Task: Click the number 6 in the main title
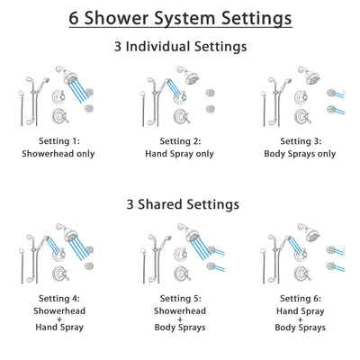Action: tap(74, 18)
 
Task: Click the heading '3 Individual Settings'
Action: tap(180, 46)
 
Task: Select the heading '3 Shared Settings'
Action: tap(180, 204)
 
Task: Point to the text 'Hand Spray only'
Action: tap(179, 154)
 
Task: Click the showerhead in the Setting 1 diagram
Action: tap(63, 76)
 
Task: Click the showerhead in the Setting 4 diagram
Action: tap(63, 234)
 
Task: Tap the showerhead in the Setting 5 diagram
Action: tap(191, 234)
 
